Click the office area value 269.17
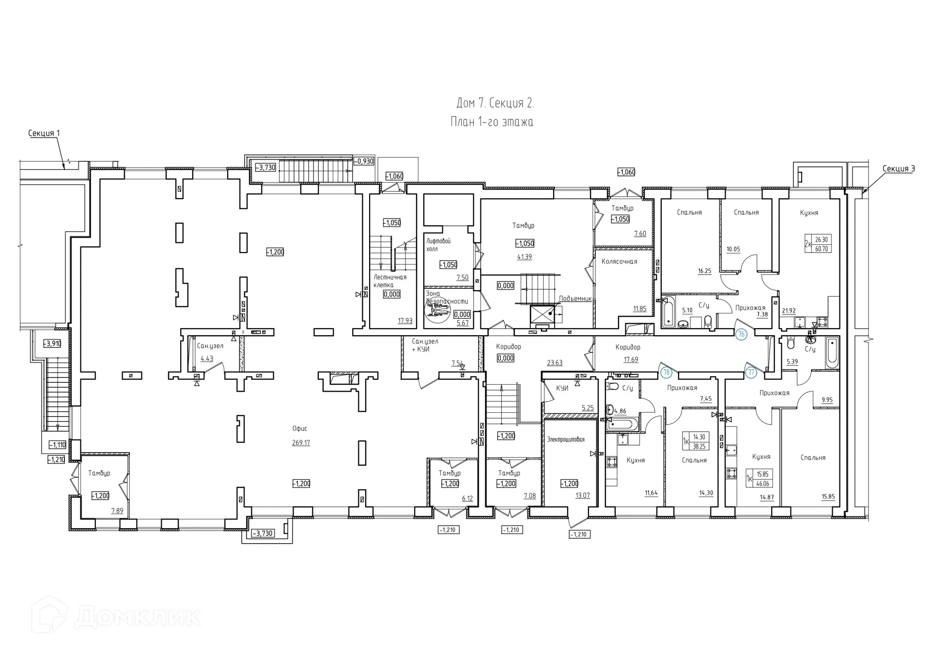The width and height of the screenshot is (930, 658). click(301, 442)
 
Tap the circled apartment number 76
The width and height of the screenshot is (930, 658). click(741, 334)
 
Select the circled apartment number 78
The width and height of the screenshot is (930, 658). click(667, 372)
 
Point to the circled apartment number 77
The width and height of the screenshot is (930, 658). click(751, 372)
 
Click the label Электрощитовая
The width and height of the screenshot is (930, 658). click(566, 439)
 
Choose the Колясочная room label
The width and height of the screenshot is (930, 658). click(619, 261)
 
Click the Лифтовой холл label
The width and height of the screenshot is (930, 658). click(438, 245)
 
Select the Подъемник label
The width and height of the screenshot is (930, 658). click(575, 298)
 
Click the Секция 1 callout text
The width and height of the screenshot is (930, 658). click(44, 133)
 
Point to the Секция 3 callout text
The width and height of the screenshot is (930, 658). click(899, 169)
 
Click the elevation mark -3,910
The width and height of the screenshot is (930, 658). click(52, 344)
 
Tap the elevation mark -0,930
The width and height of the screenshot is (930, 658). click(364, 161)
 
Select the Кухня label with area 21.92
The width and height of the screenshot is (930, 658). click(809, 212)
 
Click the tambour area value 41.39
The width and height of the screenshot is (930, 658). click(524, 257)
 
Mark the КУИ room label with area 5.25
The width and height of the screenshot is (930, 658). click(562, 388)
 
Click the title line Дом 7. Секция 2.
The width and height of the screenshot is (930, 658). click(495, 103)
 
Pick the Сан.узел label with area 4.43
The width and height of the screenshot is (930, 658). click(210, 346)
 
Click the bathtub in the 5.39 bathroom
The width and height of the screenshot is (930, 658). click(832, 353)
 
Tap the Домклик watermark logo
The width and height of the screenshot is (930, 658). click(116, 616)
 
